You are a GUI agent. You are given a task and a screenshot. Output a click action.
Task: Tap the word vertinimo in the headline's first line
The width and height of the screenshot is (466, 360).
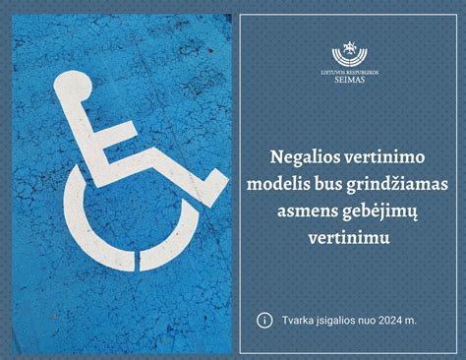coord(384,156)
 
